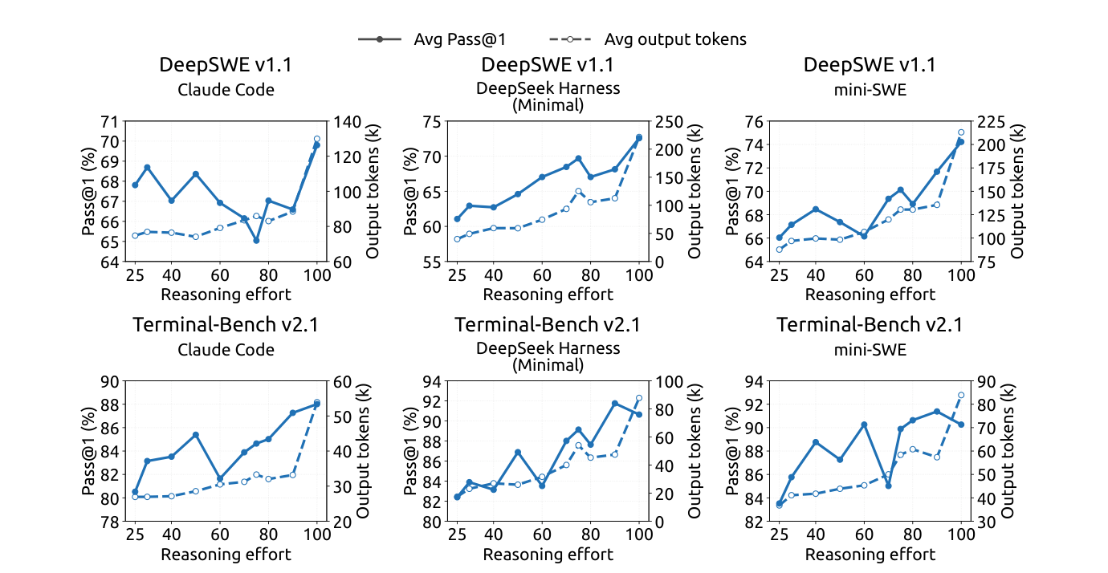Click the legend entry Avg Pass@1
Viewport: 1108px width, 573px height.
(432, 39)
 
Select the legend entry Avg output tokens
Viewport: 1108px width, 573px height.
(647, 39)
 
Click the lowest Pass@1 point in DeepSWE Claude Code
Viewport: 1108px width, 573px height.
(256, 240)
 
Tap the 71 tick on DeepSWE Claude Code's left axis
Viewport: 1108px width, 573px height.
(110, 122)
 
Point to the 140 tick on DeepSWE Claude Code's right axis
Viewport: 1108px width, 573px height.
(348, 122)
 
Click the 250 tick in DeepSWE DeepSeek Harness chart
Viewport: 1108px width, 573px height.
(670, 122)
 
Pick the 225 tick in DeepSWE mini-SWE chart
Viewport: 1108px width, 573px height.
(992, 122)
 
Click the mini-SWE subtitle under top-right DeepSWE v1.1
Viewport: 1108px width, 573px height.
(870, 90)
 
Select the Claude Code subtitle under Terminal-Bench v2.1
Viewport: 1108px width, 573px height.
(226, 350)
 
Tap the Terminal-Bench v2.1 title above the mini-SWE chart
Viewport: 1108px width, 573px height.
(870, 325)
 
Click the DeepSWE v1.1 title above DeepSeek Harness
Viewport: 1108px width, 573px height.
(548, 65)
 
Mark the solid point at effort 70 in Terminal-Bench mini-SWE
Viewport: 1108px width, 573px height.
(888, 486)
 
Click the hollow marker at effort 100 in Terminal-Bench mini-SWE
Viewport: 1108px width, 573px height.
(961, 395)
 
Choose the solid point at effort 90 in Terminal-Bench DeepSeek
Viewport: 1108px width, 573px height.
(615, 404)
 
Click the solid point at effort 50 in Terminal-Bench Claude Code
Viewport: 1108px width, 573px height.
(195, 435)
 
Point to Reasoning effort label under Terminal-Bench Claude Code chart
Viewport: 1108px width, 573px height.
(226, 555)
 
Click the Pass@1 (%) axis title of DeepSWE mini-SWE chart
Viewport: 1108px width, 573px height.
(732, 191)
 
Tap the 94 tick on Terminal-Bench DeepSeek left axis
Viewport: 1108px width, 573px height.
(432, 382)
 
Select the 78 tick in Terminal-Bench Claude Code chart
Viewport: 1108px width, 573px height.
(110, 522)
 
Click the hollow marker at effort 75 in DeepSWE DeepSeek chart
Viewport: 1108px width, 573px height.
(578, 191)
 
